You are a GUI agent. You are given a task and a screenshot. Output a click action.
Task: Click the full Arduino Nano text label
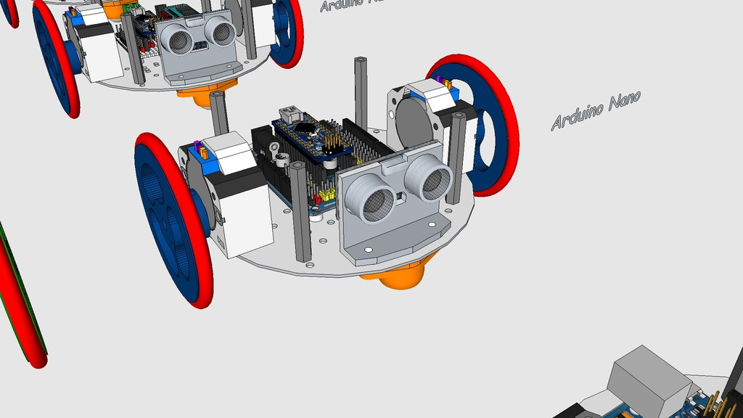(x=595, y=111)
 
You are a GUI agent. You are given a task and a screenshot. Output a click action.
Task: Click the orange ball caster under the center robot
(x=398, y=275)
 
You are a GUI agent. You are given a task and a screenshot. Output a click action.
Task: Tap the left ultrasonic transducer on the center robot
(x=370, y=198)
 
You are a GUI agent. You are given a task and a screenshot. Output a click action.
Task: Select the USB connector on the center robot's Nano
(x=291, y=113)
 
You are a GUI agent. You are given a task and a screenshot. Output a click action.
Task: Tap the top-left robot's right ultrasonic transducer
(x=220, y=30)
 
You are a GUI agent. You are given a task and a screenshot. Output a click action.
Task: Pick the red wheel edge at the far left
(x=22, y=305)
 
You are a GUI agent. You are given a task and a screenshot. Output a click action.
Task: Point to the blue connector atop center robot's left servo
(x=195, y=150)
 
